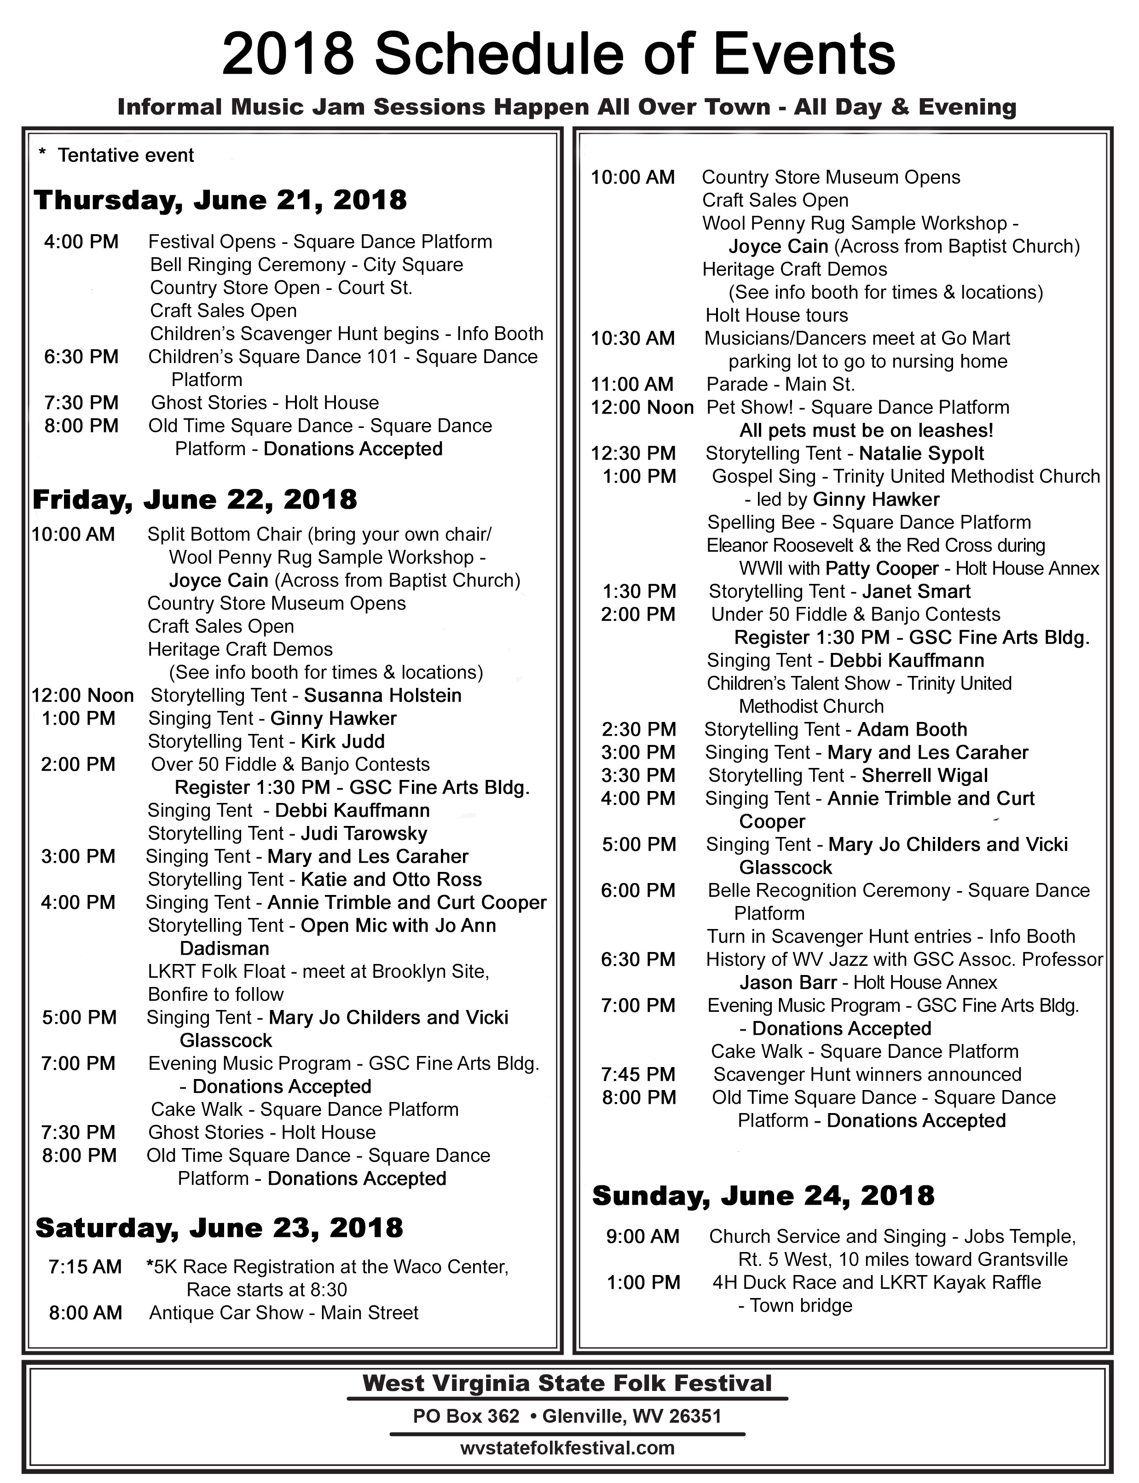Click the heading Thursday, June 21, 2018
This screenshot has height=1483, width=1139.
tap(220, 200)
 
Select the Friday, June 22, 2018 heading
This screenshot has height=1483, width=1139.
tap(195, 500)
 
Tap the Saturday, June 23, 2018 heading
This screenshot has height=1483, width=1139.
tap(219, 1228)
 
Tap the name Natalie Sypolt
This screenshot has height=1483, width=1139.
tap(921, 453)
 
